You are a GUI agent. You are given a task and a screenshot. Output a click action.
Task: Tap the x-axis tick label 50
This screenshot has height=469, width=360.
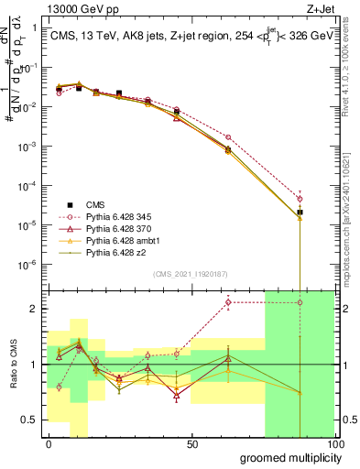pos(193,443)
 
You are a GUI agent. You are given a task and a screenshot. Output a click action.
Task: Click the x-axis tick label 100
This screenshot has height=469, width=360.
pos(334,443)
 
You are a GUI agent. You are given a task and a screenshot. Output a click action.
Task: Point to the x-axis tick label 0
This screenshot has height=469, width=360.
pos(49,443)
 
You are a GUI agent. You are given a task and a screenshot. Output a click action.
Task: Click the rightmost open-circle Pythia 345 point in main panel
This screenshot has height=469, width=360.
pos(300,199)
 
